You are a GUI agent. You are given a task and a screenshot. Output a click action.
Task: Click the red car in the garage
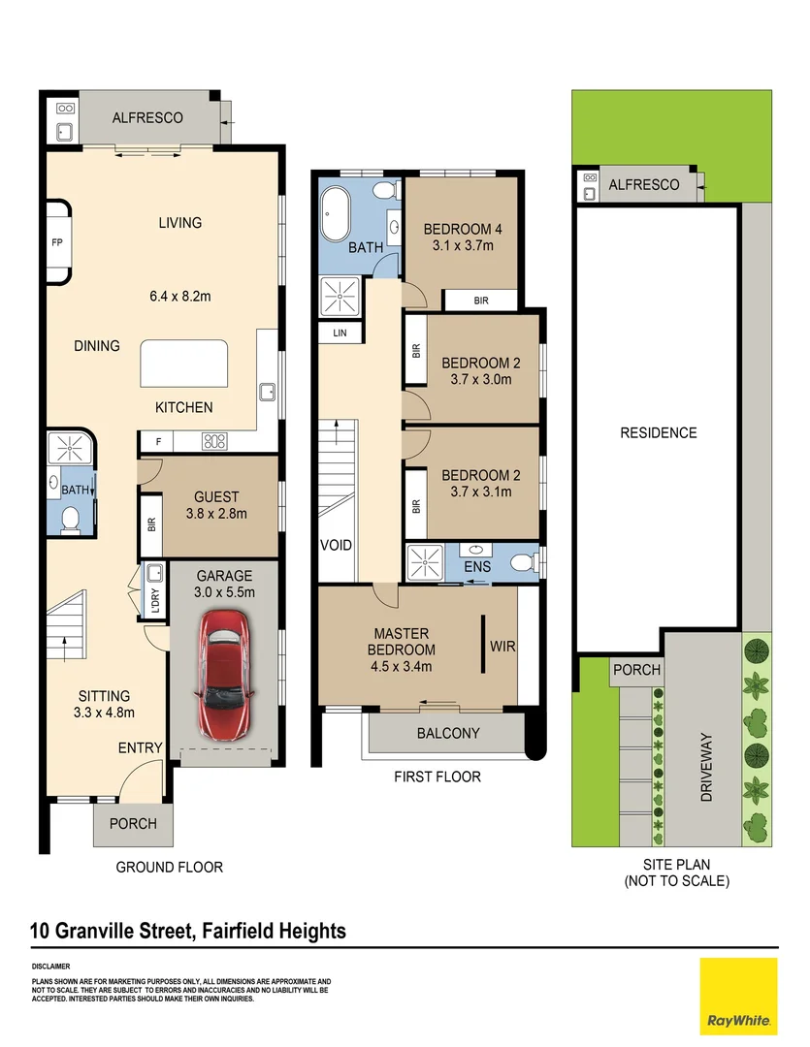click(x=224, y=674)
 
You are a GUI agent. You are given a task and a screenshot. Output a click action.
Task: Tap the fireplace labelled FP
click(x=58, y=242)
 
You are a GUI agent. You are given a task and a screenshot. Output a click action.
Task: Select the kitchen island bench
click(x=183, y=364)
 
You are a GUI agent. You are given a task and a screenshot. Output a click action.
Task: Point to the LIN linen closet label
click(x=340, y=333)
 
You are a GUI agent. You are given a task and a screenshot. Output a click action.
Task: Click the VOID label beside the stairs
click(x=337, y=545)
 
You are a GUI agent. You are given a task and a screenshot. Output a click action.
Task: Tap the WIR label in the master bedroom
click(x=502, y=647)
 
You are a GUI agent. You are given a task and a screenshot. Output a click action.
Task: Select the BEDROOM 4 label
click(x=463, y=229)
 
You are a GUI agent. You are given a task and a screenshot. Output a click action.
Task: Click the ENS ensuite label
click(x=477, y=567)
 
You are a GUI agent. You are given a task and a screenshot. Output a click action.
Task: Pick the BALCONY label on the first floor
click(x=448, y=733)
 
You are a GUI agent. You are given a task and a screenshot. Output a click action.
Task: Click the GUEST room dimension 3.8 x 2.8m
click(x=216, y=514)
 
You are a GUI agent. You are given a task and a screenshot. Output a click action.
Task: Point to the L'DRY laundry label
click(x=155, y=600)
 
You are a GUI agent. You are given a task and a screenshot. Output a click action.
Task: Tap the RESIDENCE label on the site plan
click(x=659, y=432)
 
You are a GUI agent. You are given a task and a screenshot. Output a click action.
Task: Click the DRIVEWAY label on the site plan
click(x=706, y=767)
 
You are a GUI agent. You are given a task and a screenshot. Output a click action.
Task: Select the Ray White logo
click(x=738, y=997)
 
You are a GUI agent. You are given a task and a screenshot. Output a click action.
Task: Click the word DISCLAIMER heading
click(x=50, y=967)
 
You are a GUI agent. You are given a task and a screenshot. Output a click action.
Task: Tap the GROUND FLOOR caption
click(x=169, y=868)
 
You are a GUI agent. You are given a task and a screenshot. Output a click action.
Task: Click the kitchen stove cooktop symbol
click(x=214, y=441)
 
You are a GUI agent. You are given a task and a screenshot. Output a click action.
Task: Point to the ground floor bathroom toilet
click(x=69, y=521)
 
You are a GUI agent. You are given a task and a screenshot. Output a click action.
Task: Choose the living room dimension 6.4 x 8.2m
click(x=180, y=296)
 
